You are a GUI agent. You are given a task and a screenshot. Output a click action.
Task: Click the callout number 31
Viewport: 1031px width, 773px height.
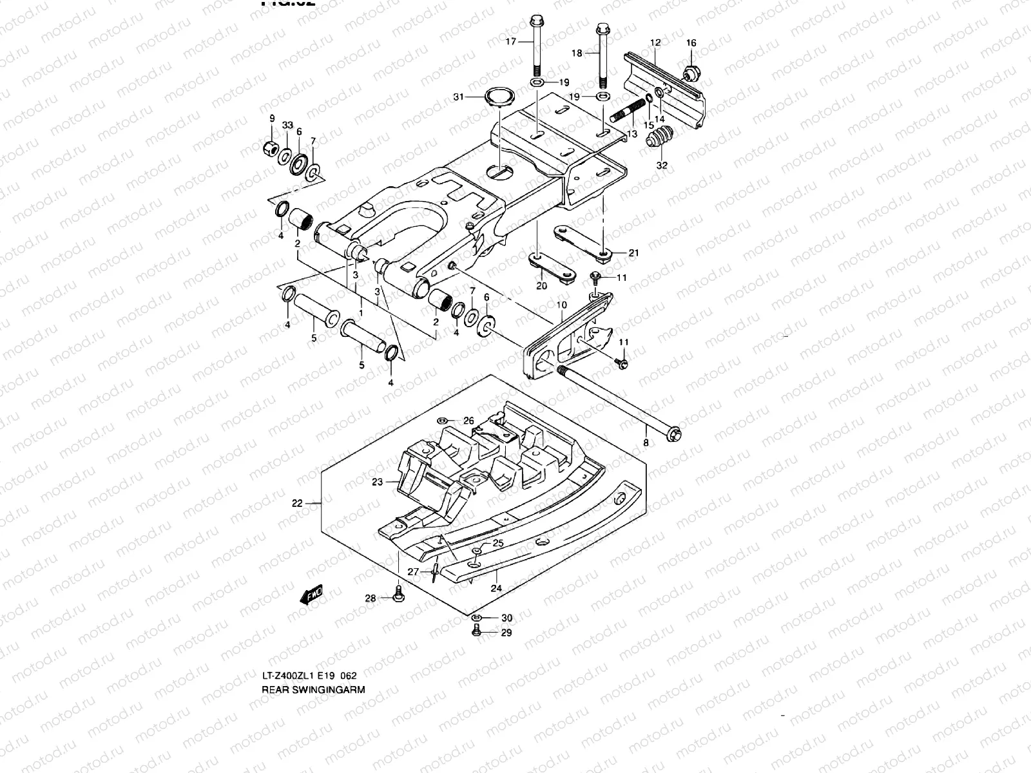(458, 97)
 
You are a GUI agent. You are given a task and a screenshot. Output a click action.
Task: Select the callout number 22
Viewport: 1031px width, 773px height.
(297, 504)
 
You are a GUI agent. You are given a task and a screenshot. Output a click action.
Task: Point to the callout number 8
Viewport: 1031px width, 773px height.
(646, 443)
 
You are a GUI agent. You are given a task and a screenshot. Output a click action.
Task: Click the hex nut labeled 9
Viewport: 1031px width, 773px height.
(271, 149)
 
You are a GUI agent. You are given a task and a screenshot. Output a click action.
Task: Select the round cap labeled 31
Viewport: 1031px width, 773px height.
(498, 97)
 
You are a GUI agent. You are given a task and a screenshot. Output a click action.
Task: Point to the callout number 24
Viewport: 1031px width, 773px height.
(496, 587)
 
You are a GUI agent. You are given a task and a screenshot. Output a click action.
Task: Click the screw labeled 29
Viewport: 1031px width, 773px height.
(477, 633)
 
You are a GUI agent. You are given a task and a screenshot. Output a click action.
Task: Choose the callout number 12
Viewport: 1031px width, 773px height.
(655, 43)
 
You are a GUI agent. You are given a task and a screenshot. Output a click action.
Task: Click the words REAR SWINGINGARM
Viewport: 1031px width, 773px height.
(313, 689)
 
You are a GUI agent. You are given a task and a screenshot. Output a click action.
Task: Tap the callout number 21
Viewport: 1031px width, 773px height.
(633, 253)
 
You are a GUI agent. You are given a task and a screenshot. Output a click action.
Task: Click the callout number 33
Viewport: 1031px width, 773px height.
(287, 125)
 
